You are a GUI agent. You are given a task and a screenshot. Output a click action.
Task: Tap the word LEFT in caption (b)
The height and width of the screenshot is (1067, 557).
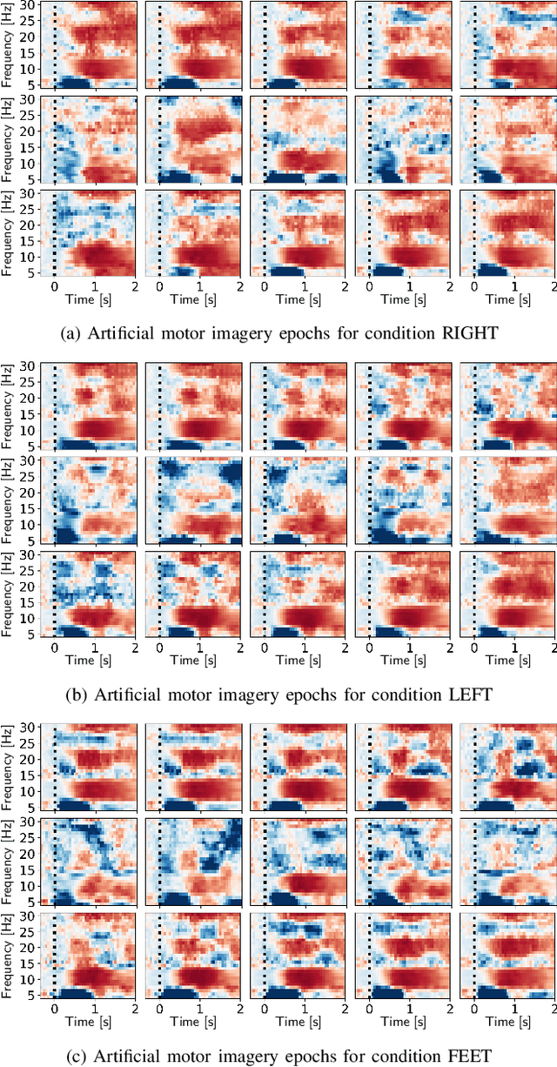[464, 695]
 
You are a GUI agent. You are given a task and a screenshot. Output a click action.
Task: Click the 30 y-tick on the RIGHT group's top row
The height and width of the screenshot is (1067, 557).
[28, 4]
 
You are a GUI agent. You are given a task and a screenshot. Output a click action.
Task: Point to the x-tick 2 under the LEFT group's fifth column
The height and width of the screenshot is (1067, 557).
[554, 648]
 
